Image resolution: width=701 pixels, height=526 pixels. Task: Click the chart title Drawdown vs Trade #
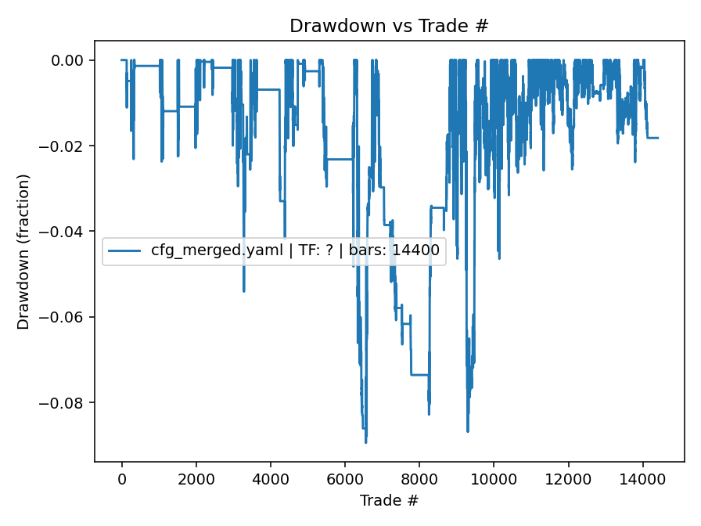pos(389,26)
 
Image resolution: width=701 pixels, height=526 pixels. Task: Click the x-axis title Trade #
pos(389,499)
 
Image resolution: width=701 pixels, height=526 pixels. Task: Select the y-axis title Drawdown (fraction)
pos(24,251)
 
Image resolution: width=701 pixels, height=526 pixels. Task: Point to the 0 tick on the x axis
pos(121,479)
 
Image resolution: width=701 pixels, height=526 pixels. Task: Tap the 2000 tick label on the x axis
pos(196,479)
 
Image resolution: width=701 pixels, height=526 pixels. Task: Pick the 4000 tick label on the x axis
pos(270,479)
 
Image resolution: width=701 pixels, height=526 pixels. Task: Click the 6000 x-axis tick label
pos(345,479)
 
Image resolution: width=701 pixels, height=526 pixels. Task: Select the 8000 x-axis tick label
pos(419,479)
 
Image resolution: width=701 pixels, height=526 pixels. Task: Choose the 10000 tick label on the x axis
pos(494,479)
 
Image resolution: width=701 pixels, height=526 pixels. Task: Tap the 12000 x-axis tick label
pos(568,479)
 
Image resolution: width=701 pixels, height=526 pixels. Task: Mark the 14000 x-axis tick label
pos(642,479)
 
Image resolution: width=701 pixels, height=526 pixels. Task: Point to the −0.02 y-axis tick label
pos(66,146)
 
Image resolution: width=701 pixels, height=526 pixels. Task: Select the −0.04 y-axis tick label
pos(66,232)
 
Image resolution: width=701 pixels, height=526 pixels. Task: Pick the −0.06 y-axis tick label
pos(66,317)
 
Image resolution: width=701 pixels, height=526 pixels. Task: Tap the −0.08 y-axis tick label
pos(66,403)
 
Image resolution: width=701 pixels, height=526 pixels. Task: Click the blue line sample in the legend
pos(125,251)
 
